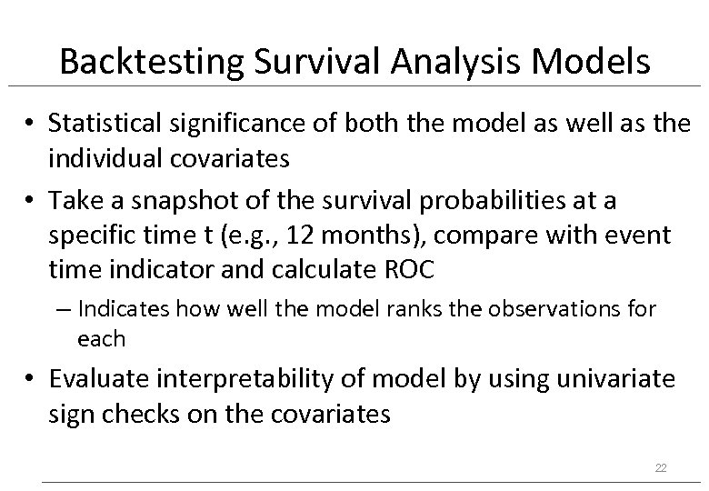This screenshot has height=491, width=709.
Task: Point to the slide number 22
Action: point(661,467)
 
